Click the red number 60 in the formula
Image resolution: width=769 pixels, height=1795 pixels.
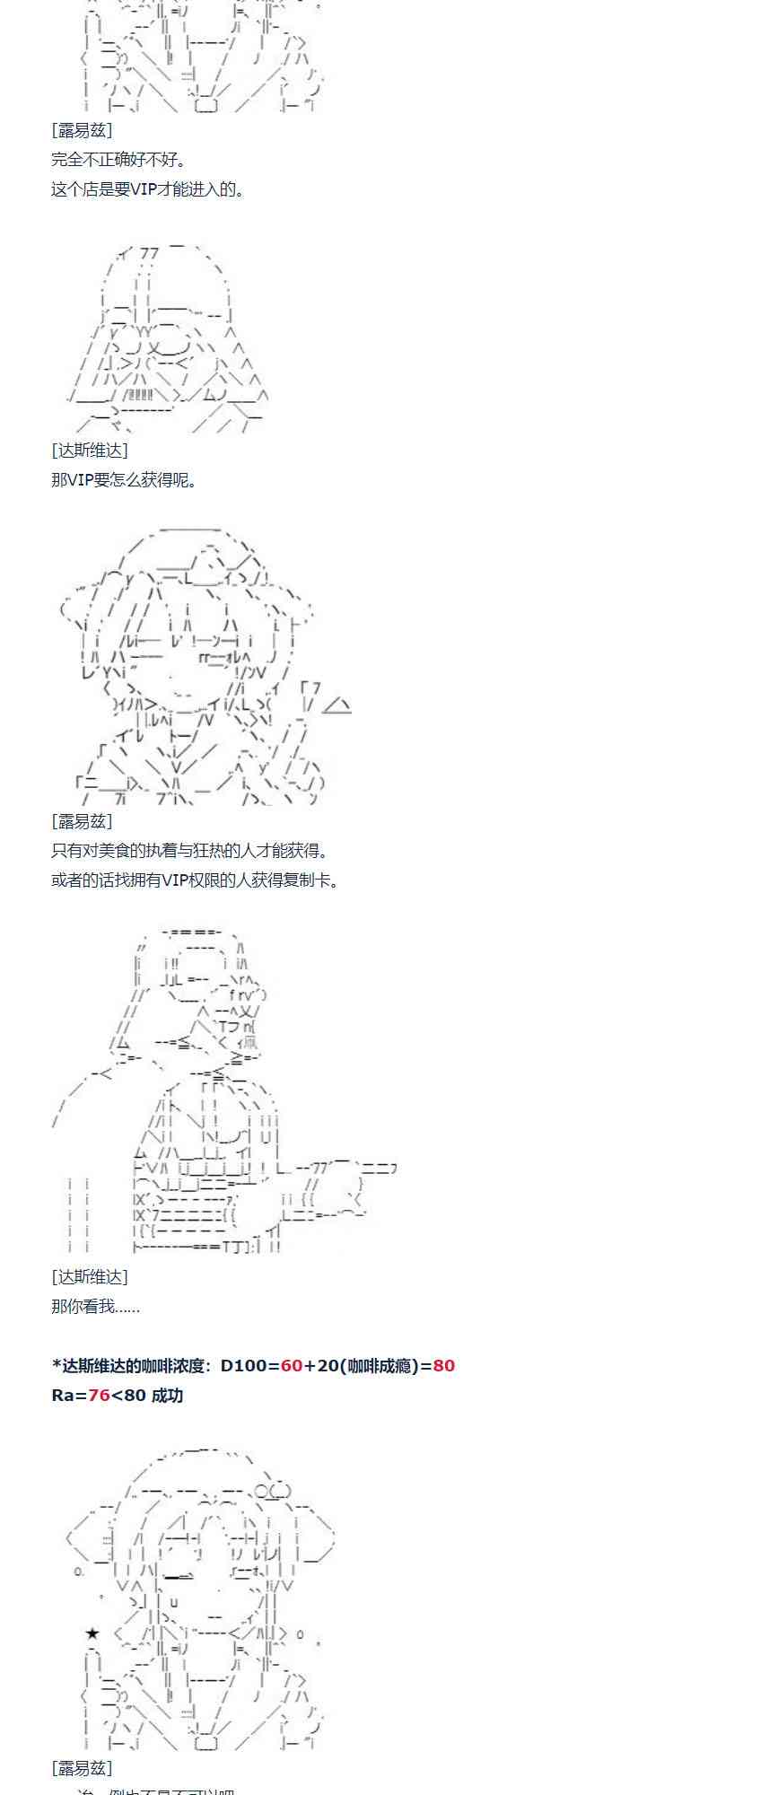click(x=292, y=1365)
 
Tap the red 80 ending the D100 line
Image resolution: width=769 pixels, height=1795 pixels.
click(x=443, y=1365)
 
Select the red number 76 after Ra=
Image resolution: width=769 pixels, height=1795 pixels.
click(x=99, y=1395)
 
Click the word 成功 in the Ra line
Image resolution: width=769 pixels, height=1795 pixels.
click(x=167, y=1395)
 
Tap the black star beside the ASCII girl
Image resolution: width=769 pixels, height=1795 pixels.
click(x=92, y=1633)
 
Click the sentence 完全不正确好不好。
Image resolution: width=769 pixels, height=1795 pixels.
click(x=119, y=160)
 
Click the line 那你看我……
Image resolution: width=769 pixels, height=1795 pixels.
click(x=95, y=1307)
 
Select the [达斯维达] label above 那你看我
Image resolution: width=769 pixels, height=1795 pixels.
click(x=90, y=1277)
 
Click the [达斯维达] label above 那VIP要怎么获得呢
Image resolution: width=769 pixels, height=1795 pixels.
click(x=90, y=451)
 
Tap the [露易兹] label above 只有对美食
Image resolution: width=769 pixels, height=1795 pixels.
click(x=82, y=821)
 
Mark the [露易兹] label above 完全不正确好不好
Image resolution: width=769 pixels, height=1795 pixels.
click(x=82, y=130)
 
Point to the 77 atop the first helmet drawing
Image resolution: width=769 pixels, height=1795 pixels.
click(x=149, y=254)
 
